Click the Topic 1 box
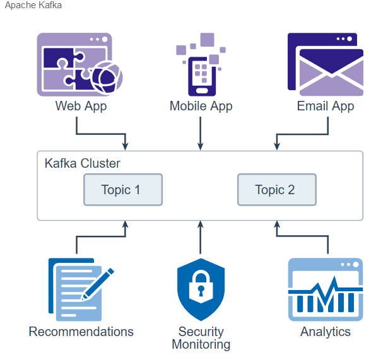click(x=123, y=190)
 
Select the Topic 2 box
click(x=277, y=190)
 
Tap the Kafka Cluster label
click(x=82, y=163)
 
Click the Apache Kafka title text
click(x=33, y=5)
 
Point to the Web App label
click(x=81, y=106)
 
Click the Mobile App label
click(x=201, y=106)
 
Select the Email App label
click(x=326, y=106)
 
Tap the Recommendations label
click(x=81, y=332)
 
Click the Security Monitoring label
click(x=201, y=338)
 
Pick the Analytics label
click(x=326, y=332)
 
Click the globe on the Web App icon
click(x=107, y=78)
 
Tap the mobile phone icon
click(x=202, y=76)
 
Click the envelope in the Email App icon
click(x=331, y=73)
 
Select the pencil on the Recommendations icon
click(x=97, y=284)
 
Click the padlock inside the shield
click(x=201, y=286)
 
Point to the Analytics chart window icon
click(x=326, y=289)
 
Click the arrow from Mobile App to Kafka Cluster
click(x=201, y=134)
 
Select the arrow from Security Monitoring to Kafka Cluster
click(x=201, y=237)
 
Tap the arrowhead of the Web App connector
click(x=125, y=146)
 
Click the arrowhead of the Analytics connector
click(x=277, y=224)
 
